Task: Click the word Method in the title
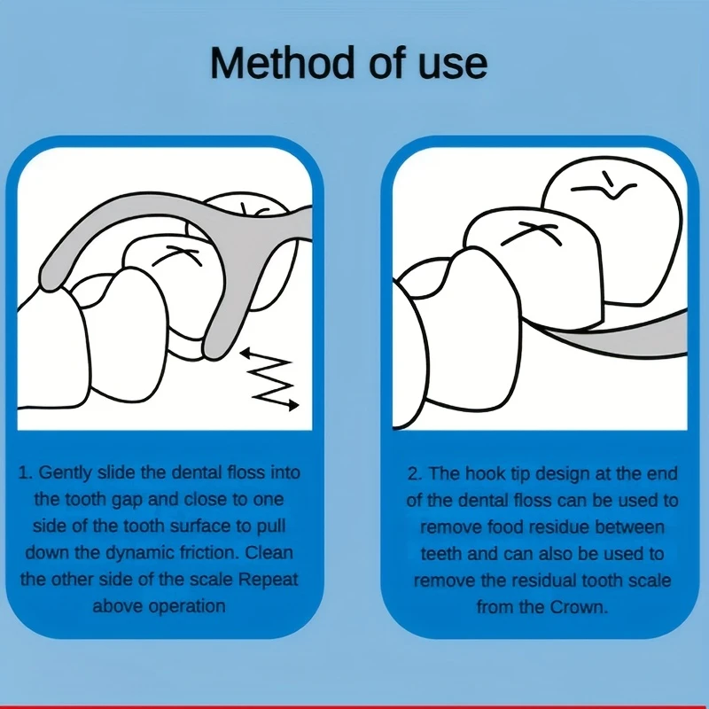click(x=282, y=63)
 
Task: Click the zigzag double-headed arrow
click(x=270, y=379)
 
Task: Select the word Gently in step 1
click(x=66, y=473)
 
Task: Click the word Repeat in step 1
click(x=269, y=580)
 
